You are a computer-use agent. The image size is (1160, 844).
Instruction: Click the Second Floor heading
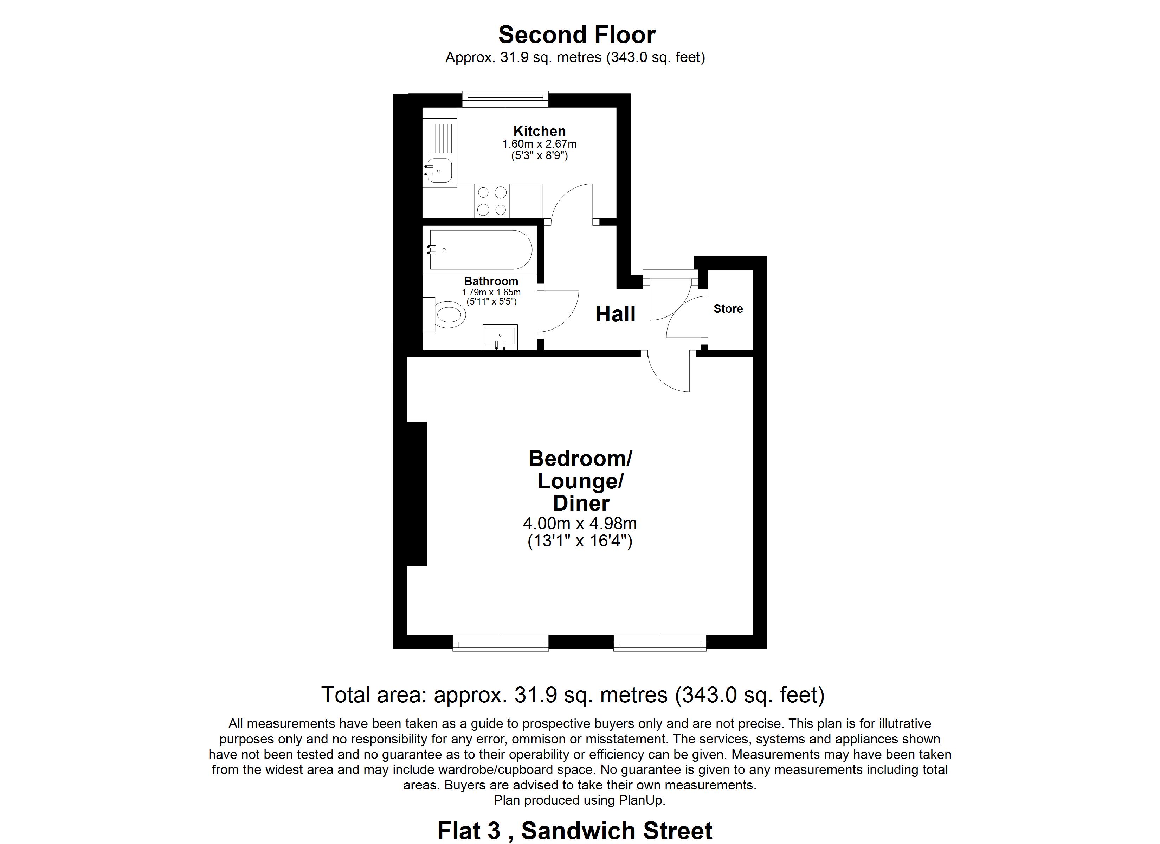pos(576,35)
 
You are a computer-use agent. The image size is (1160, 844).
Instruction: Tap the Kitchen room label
pos(539,131)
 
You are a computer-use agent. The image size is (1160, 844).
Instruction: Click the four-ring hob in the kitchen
pos(492,201)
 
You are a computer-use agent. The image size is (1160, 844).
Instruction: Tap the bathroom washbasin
pos(500,337)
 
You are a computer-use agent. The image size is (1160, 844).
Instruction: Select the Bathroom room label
pos(491,281)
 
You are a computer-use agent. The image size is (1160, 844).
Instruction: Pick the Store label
pos(728,309)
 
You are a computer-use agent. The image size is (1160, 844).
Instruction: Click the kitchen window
pos(505,99)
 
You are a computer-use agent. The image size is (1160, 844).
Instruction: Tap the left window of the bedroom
pos(501,643)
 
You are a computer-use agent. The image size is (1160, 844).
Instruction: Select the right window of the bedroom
pos(660,643)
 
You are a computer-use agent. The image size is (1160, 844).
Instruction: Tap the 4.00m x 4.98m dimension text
pos(580,524)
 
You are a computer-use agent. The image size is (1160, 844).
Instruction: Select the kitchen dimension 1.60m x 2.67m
pos(539,144)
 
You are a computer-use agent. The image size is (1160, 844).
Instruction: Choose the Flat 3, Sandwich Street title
pos(574,831)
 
